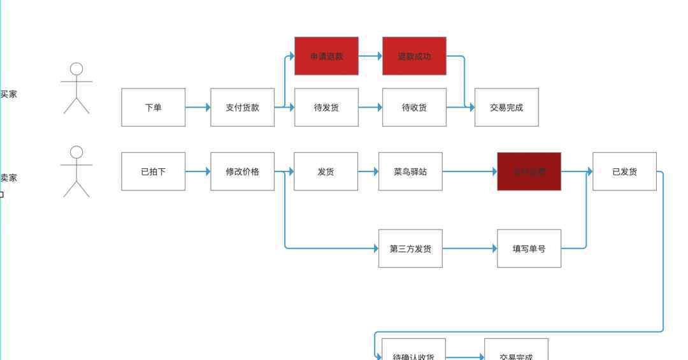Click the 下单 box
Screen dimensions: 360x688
tap(153, 107)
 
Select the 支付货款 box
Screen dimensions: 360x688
tap(242, 107)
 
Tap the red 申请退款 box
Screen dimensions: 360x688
tap(326, 56)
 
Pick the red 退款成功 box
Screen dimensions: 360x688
tap(414, 56)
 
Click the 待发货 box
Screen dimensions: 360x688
tap(326, 107)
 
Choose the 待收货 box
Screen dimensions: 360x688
tap(414, 107)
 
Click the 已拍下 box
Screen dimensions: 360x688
tap(153, 171)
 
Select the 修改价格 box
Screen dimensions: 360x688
tap(242, 171)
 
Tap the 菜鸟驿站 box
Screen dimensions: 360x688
tap(410, 171)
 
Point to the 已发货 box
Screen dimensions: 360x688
tap(624, 171)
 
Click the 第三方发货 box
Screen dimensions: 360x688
tap(410, 248)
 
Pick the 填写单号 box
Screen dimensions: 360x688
tap(529, 248)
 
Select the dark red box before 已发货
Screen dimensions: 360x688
tap(529, 171)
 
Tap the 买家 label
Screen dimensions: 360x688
tap(8, 94)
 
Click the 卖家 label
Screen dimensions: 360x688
tap(8, 178)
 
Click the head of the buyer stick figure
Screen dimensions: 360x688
tap(76, 69)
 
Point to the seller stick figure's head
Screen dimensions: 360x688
tap(76, 152)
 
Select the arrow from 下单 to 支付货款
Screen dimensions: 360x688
tap(197, 107)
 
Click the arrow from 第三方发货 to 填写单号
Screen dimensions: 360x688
tap(469, 248)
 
